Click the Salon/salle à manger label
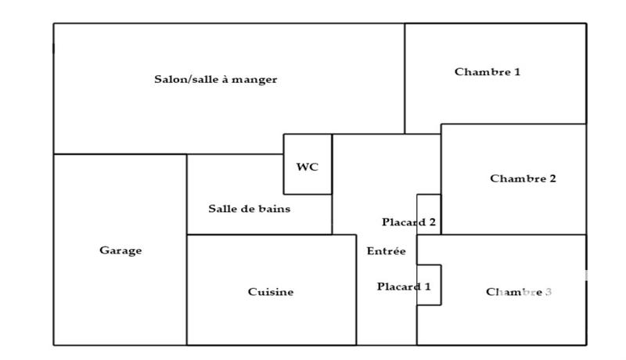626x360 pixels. (215, 80)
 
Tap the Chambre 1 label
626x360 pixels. (487, 72)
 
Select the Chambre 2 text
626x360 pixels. (523, 178)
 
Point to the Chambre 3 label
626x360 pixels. (519, 292)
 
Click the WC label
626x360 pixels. (307, 167)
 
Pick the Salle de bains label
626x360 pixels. (249, 209)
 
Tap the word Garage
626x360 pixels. (121, 250)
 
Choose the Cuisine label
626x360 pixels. (271, 292)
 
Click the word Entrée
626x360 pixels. (386, 251)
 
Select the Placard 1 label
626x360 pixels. (404, 286)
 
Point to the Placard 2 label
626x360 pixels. (408, 222)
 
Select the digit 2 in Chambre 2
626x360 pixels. (552, 178)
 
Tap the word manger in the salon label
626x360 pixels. (258, 80)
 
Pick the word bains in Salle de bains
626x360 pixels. (275, 209)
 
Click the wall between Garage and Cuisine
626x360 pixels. (186, 290)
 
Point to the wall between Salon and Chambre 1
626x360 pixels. (405, 78)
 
